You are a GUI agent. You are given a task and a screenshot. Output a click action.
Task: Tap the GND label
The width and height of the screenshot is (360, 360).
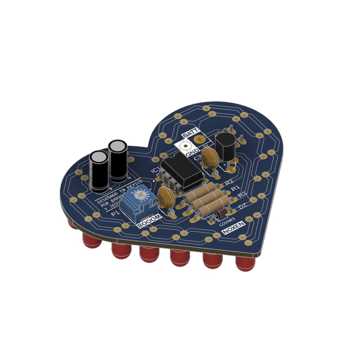(x=192, y=153)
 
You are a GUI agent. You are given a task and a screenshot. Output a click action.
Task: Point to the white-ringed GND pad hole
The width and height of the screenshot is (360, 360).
(x=185, y=146)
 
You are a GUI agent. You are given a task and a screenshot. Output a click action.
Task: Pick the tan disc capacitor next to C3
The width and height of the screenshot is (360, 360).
(x=210, y=157)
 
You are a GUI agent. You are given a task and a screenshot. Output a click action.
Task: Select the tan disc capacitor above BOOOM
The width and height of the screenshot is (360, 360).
(x=166, y=196)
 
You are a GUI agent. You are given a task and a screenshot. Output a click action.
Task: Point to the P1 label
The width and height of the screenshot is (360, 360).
(x=115, y=213)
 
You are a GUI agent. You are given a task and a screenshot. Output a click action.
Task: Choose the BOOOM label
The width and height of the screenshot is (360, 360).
(x=150, y=221)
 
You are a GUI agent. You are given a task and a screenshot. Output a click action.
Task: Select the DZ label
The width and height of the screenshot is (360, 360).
(x=242, y=207)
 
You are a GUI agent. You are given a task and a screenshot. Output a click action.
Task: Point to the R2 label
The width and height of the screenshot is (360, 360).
(x=229, y=182)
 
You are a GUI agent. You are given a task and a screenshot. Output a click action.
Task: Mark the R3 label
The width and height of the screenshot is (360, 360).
(x=242, y=194)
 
